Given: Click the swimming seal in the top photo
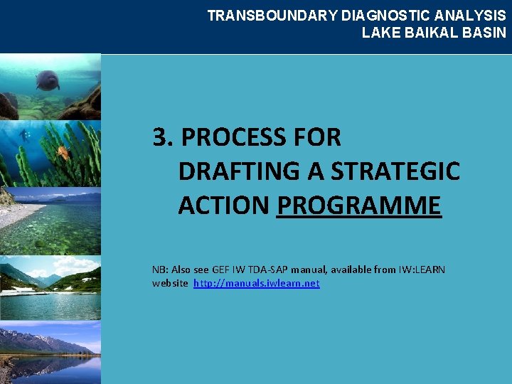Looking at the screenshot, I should (48, 80).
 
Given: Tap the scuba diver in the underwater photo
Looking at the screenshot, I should (26, 134).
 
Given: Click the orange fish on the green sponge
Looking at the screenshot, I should (63, 151).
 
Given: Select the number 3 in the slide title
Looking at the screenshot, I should (161, 137).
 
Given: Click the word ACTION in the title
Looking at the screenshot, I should (223, 206).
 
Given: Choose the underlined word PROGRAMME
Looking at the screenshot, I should (359, 206).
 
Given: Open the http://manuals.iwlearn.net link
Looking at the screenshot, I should (256, 283).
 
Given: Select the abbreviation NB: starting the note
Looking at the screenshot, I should (160, 270).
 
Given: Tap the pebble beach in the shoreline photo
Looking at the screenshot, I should (18, 213).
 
